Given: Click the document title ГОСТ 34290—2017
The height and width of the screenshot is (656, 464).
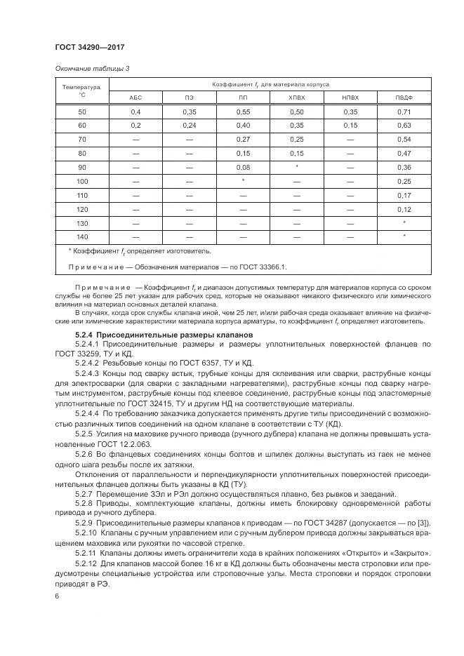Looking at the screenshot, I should [89, 48].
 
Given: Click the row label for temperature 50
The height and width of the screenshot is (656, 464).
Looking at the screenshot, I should [81, 112].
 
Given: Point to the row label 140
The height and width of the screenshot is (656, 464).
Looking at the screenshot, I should [81, 236].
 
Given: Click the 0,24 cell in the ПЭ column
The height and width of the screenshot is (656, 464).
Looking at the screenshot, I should [190, 126].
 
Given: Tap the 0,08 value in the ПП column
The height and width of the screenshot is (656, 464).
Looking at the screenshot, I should [243, 167].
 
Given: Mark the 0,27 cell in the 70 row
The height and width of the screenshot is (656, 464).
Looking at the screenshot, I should [243, 140].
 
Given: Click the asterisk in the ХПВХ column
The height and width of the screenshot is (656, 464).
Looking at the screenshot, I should [297, 167].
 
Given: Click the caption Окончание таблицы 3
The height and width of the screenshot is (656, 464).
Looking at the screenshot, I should [92, 68].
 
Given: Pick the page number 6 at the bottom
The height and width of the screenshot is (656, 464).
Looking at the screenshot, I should [57, 596].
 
